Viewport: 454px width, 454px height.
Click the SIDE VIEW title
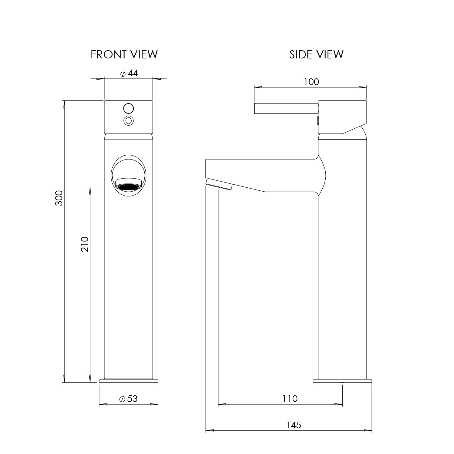(316, 54)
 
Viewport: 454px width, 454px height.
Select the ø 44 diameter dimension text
(129, 74)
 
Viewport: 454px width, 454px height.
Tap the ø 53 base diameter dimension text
(129, 399)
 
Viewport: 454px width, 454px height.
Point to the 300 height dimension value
(59, 198)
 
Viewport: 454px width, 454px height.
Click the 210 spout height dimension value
(85, 245)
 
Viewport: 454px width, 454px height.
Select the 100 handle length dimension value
(312, 82)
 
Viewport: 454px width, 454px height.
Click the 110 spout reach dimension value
(290, 399)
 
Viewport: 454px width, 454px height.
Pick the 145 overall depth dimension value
(294, 425)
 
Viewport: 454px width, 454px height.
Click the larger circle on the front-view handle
(129, 108)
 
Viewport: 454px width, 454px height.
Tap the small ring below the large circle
(129, 120)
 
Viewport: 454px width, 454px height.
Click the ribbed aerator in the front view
(129, 186)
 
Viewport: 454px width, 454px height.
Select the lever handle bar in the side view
(286, 109)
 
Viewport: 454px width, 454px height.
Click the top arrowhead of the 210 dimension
(90, 191)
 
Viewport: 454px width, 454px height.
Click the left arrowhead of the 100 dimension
(258, 87)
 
